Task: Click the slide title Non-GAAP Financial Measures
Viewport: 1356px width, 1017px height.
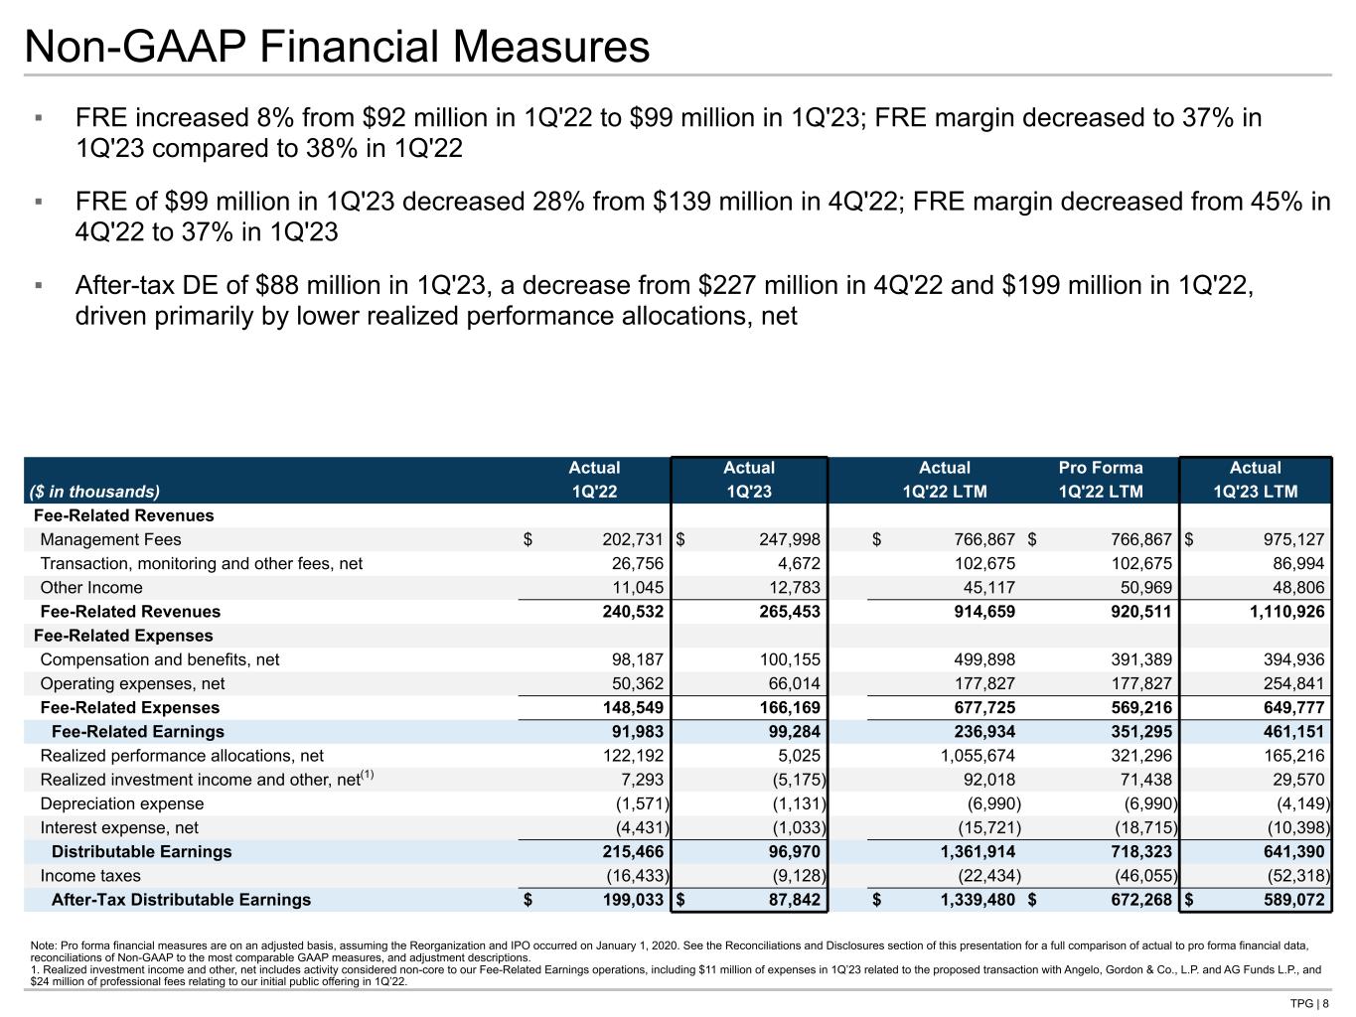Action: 338,46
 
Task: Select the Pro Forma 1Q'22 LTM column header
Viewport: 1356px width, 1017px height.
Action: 1101,479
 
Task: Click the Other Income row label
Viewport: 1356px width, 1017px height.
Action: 91,588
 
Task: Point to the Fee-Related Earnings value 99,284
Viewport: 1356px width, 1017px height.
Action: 792,732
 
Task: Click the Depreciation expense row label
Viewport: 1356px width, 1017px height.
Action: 121,803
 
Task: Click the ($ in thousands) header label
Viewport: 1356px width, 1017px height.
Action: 96,492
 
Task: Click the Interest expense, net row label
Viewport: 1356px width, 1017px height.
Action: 119,828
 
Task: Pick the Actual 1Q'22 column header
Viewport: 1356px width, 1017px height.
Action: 594,479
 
